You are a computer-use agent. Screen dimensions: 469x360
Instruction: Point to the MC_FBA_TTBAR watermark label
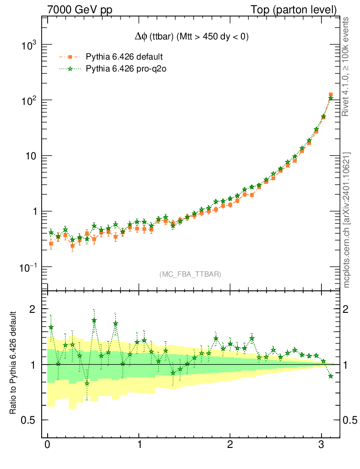(x=191, y=274)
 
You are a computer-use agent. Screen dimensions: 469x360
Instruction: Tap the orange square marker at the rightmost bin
(x=331, y=95)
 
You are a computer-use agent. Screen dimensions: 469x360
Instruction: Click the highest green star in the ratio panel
(x=94, y=321)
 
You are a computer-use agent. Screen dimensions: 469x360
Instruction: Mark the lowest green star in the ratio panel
(x=87, y=383)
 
